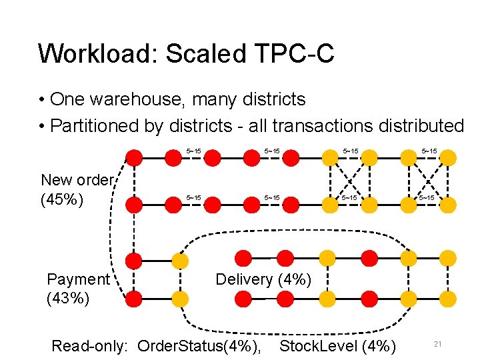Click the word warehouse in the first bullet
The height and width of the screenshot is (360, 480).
(x=133, y=100)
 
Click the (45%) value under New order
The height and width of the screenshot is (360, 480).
(x=62, y=199)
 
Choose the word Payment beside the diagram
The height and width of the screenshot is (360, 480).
(x=78, y=279)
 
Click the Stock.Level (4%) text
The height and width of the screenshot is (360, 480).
(x=337, y=346)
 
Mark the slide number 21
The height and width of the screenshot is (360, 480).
(x=439, y=344)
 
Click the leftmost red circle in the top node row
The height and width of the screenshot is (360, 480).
(x=135, y=157)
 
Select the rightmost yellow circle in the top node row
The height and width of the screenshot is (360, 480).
(x=448, y=157)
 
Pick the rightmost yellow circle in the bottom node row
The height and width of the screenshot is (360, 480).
(x=448, y=299)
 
